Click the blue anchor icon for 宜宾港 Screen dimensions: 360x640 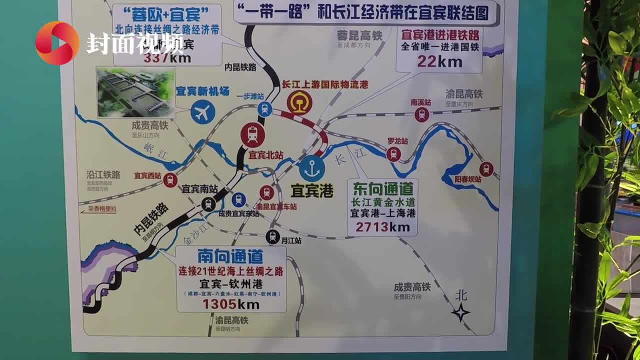pos(312,168)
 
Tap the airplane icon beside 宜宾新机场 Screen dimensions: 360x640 pos(202,112)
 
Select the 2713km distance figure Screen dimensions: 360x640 pos(382,227)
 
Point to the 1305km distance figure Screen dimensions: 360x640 pos(230,304)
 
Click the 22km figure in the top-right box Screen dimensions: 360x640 pos(439,61)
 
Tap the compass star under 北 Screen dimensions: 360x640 pos(460,312)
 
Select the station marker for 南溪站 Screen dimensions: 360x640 pos(421,114)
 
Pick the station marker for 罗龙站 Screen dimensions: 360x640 pos(393,154)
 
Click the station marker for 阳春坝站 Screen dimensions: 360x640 pos(486,169)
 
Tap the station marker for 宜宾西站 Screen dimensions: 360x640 pos(170,180)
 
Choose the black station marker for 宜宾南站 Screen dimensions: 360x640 pos(208,203)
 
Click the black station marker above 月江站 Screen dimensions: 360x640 pos(272,236)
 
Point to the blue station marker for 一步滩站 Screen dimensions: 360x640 pos(264,109)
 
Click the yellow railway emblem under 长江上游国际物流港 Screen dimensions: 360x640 pos(299,103)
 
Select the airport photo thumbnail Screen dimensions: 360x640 pos(135,93)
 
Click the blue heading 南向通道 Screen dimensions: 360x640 pos(230,256)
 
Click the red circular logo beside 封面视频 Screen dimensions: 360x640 pos(56,43)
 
